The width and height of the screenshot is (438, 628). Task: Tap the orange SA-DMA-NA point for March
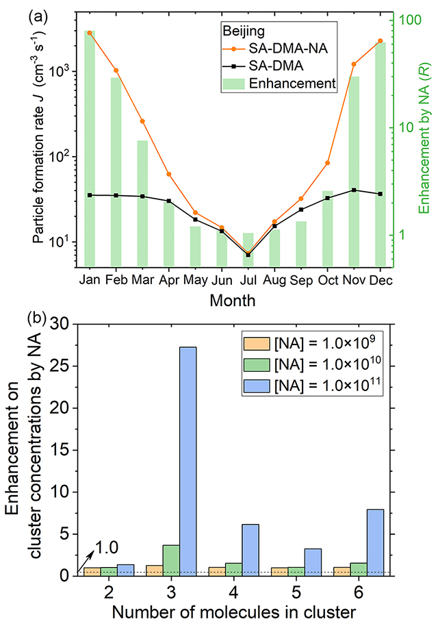pyautogui.click(x=142, y=121)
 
